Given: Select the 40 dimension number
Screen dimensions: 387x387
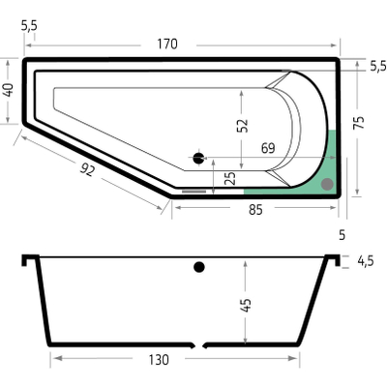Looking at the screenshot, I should coord(9,91).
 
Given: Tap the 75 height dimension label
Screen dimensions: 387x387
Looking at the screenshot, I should coord(358,123).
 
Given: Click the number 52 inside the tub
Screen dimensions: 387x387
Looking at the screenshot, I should coord(242,125).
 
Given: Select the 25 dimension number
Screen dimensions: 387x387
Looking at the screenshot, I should coord(228,178).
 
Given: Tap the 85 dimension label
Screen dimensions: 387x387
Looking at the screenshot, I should coord(256,207).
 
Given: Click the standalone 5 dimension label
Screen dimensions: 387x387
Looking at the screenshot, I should coord(342,234).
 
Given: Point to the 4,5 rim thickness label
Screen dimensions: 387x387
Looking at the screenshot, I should coord(366,260).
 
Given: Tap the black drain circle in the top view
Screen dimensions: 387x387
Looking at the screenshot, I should coord(199,158).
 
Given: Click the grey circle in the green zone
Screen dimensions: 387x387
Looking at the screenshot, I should coord(327,183).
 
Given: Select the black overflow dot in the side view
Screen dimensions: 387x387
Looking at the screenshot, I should coord(199,267).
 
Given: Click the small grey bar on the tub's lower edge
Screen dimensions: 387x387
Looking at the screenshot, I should coord(194,192).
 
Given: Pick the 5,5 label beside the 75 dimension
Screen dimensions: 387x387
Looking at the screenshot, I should coord(377,66).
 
